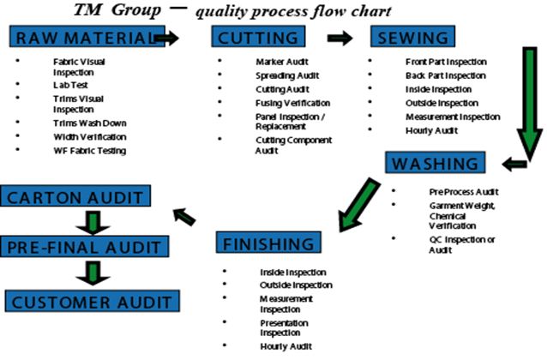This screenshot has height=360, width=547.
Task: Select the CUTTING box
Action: [x=258, y=38]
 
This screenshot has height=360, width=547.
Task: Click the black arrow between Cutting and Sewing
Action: [x=340, y=39]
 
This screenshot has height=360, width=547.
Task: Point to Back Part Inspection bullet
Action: [x=446, y=75]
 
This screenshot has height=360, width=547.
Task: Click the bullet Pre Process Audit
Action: [x=462, y=191]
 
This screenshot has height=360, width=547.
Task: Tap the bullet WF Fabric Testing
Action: [x=89, y=150]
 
